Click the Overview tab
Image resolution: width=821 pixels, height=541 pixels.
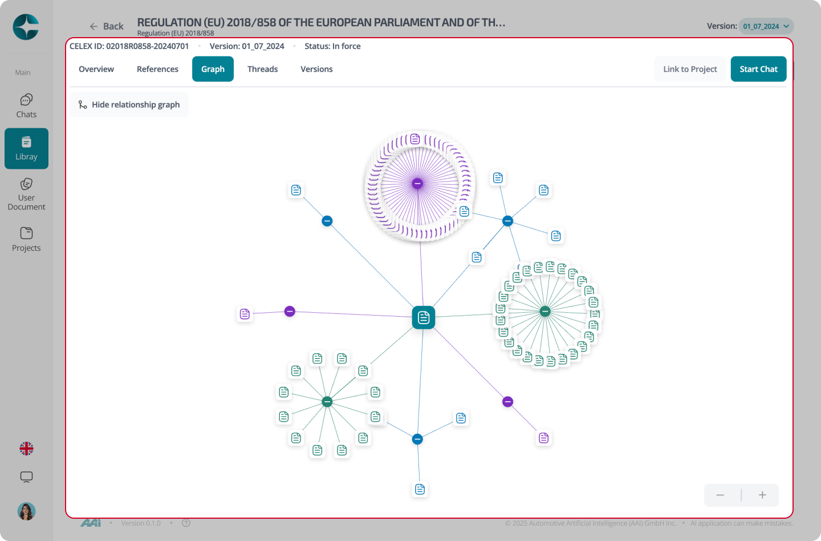pyautogui.click(x=96, y=69)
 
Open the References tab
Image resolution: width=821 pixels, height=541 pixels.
pyautogui.click(x=157, y=69)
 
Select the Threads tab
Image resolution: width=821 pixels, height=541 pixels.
pyautogui.click(x=262, y=69)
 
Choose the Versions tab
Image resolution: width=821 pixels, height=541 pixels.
pyautogui.click(x=316, y=69)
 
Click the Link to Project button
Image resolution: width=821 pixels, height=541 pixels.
pyautogui.click(x=690, y=69)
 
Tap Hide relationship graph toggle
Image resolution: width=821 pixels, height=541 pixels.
pyautogui.click(x=129, y=104)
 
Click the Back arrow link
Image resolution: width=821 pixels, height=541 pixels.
pyautogui.click(x=106, y=26)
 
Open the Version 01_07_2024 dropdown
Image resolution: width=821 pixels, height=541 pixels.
pyautogui.click(x=766, y=26)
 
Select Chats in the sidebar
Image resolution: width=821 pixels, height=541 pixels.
pyautogui.click(x=26, y=106)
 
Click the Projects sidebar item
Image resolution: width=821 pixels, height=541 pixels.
pyautogui.click(x=26, y=239)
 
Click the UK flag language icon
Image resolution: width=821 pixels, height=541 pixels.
pyautogui.click(x=26, y=448)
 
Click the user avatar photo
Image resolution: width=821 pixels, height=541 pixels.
pyautogui.click(x=26, y=511)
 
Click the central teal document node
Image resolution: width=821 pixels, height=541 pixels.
pyautogui.click(x=423, y=317)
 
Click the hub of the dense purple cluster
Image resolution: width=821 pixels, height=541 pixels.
pyautogui.click(x=417, y=183)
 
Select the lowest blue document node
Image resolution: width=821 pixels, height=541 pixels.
pyautogui.click(x=420, y=489)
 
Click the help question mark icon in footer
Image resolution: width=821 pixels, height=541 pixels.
pyautogui.click(x=186, y=523)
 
